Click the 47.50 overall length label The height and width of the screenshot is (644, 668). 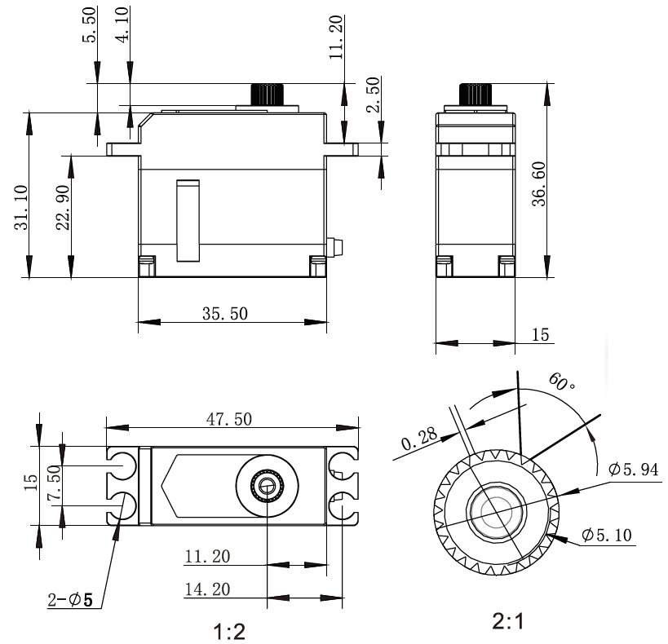pos(228,419)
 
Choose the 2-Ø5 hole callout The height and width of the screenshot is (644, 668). pos(71,602)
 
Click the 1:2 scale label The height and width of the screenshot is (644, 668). pos(228,630)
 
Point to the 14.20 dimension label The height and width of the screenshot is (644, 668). pos(207,589)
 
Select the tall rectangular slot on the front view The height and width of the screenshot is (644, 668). pos(188,220)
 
